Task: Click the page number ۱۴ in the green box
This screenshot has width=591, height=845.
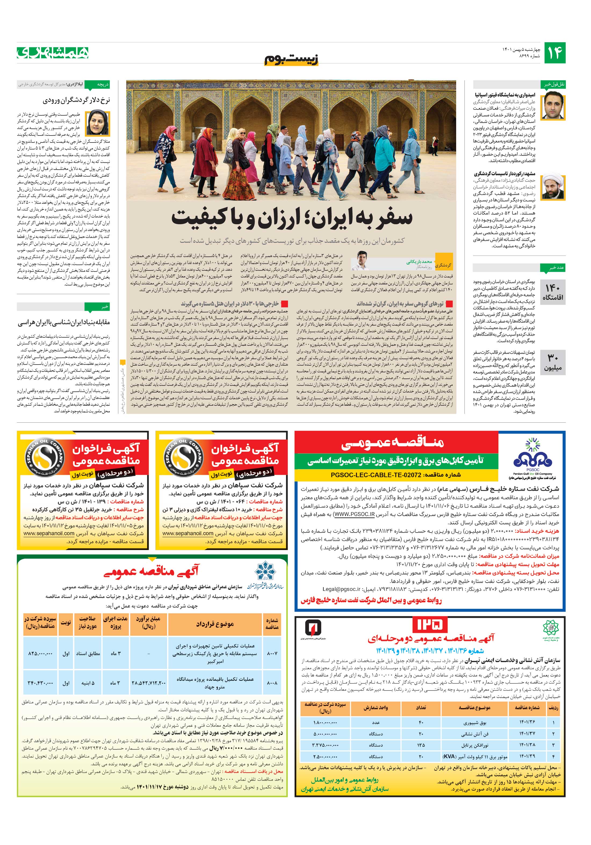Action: pos(554,53)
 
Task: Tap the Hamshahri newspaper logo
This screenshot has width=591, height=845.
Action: pos(53,53)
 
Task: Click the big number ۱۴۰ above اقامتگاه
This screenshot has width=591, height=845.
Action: pos(552,288)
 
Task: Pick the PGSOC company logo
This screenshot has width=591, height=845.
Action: pos(532,458)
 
